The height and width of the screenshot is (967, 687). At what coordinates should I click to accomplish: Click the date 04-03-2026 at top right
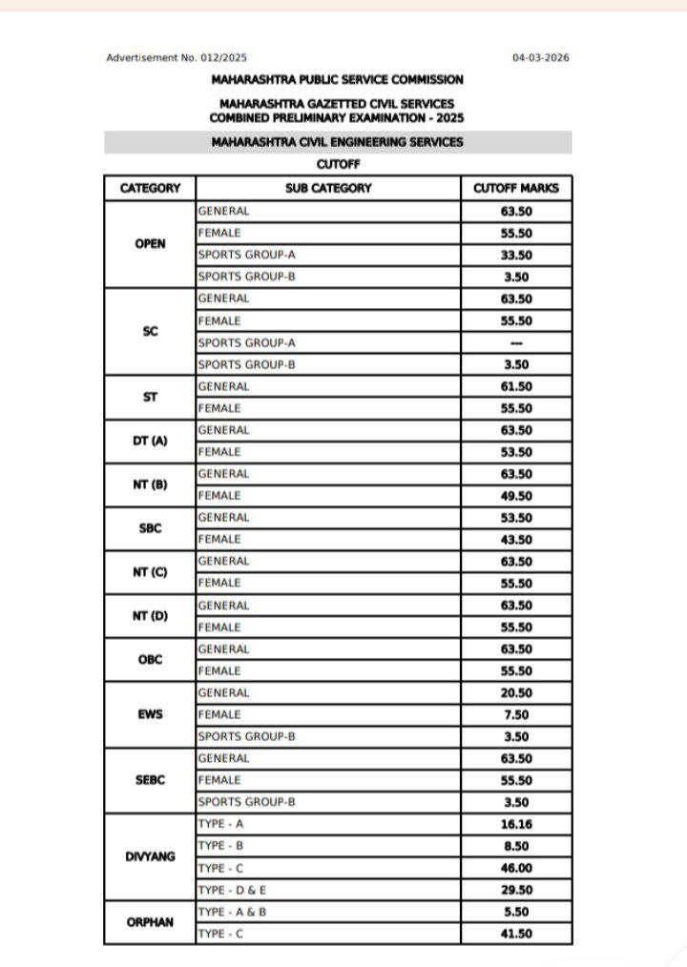[540, 58]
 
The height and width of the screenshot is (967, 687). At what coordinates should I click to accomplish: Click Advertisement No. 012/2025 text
[170, 58]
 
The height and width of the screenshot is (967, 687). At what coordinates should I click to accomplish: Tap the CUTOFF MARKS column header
[516, 188]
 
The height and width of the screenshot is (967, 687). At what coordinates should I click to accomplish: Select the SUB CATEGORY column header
[328, 188]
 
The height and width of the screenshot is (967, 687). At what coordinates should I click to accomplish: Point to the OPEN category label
[150, 244]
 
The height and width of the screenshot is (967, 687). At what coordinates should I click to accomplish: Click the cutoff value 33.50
[516, 256]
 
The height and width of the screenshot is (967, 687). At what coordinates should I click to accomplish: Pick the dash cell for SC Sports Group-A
[516, 342]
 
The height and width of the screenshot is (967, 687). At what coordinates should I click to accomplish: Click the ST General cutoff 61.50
[516, 386]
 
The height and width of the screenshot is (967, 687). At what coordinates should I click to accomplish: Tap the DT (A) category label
[150, 441]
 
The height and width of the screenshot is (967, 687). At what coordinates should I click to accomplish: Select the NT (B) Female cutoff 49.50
[516, 496]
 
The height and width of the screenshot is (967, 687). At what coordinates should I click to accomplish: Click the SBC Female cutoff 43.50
[516, 540]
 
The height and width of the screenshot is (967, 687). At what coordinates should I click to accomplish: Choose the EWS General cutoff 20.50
[516, 693]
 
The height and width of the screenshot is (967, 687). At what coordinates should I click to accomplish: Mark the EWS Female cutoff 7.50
[516, 715]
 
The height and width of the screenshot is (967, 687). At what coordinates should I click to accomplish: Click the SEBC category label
[150, 780]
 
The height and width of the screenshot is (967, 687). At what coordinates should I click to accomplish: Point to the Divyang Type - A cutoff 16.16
[516, 824]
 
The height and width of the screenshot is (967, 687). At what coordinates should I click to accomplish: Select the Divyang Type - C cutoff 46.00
[516, 869]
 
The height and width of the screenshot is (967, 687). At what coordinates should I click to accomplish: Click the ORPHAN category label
[150, 923]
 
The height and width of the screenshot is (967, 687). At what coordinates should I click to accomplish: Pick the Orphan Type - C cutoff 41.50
[516, 935]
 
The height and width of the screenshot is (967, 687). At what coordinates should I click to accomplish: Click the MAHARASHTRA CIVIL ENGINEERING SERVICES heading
[338, 142]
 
